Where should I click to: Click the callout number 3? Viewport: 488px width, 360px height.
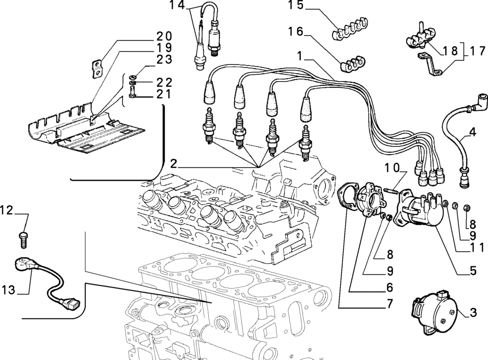click(473, 313)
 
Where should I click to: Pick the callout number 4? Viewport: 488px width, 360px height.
click(472, 132)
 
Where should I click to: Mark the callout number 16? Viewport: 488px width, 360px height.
click(295, 31)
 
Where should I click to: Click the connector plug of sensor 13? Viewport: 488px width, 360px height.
click(71, 303)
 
